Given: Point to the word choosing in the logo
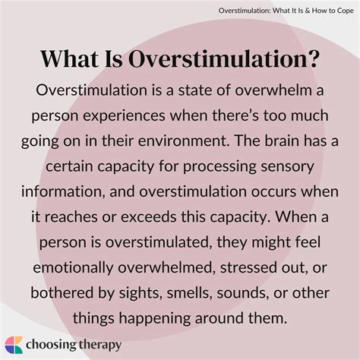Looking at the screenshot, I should pyautogui.click(x=55, y=344).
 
